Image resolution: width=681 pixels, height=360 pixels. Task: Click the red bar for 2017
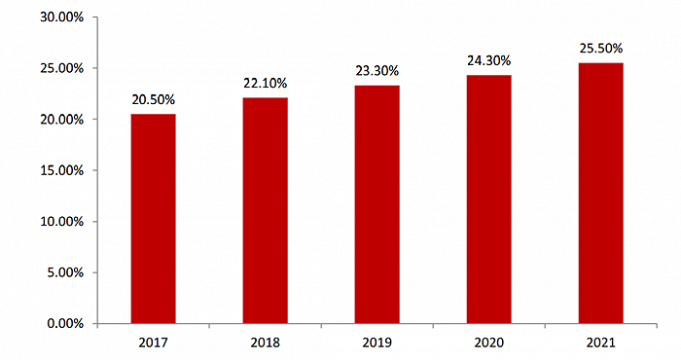pyautogui.click(x=153, y=218)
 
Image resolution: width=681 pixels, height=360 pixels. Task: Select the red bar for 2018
pyautogui.click(x=265, y=210)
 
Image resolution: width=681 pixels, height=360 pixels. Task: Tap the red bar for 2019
pyautogui.click(x=376, y=204)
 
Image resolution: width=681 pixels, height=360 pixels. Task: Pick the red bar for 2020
pyautogui.click(x=488, y=198)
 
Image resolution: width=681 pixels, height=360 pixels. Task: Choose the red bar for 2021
pyautogui.click(x=600, y=193)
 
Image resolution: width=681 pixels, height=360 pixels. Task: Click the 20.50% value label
pyautogui.click(x=153, y=99)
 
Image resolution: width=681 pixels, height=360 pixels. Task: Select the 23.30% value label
pyautogui.click(x=376, y=71)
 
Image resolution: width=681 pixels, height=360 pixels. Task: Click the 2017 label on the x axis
pyautogui.click(x=153, y=342)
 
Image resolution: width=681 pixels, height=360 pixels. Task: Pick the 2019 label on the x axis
pyautogui.click(x=376, y=342)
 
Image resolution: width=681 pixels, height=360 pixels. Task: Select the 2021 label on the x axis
pyautogui.click(x=600, y=342)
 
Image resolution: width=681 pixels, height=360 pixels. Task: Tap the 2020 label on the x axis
pyautogui.click(x=488, y=342)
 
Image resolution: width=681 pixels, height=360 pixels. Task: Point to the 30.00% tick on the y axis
pyautogui.click(x=61, y=18)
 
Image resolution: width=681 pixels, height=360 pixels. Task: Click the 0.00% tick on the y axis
pyautogui.click(x=64, y=323)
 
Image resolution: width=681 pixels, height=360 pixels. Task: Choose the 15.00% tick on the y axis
pyautogui.click(x=61, y=170)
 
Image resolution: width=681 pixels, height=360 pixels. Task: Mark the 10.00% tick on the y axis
pyautogui.click(x=61, y=221)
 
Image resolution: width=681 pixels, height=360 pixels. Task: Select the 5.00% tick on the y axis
pyautogui.click(x=64, y=272)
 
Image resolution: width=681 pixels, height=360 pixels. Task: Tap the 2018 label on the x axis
pyautogui.click(x=265, y=342)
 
